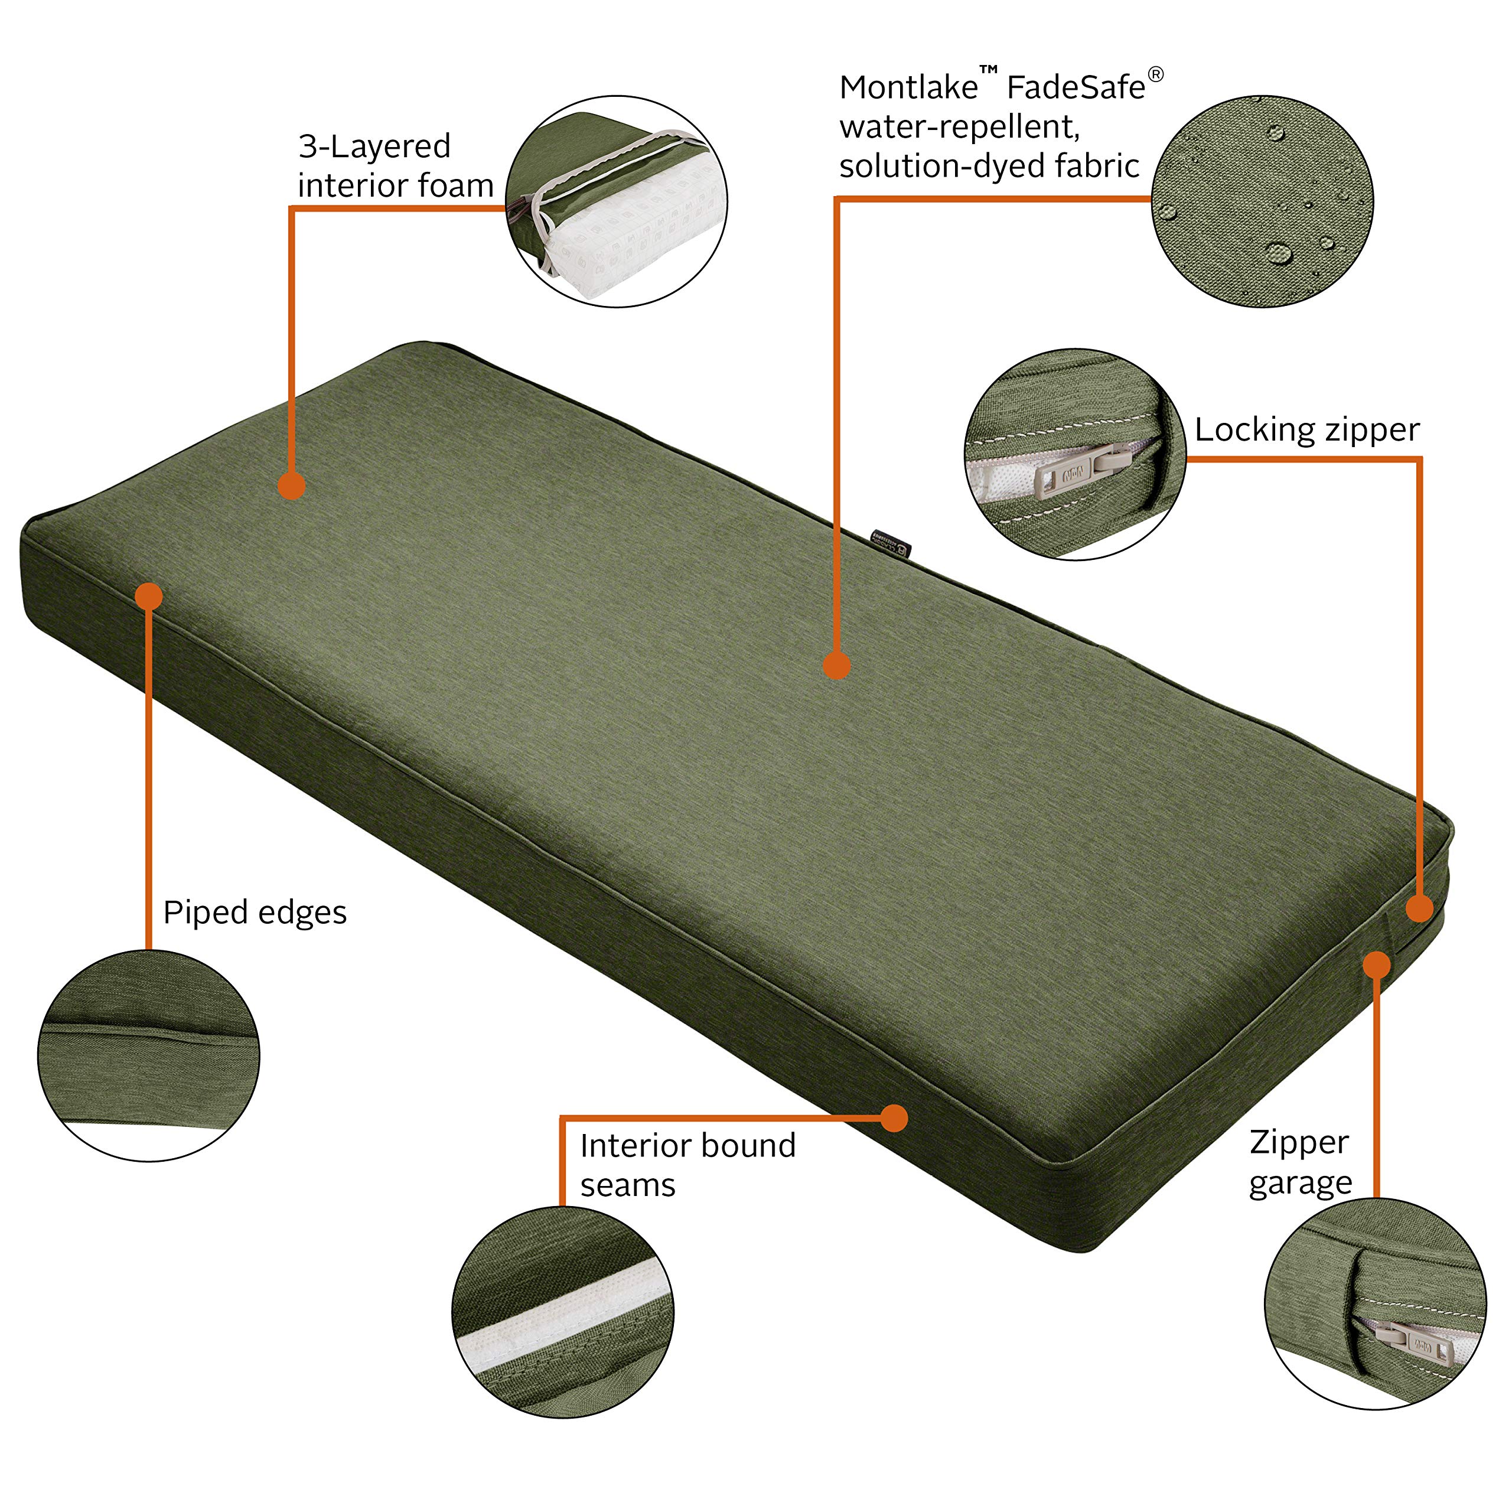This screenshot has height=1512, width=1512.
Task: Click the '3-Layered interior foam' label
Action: coord(396,166)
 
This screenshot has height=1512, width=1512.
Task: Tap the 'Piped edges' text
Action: coord(255,913)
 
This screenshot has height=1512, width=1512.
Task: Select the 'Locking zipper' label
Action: coord(1307,429)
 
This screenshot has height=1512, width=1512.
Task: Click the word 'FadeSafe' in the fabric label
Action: coord(1076,87)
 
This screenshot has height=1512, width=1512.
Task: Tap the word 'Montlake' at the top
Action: coord(908,87)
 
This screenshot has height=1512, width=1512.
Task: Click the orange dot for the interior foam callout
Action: coord(291,485)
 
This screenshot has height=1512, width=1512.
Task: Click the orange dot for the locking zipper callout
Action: coord(1420,908)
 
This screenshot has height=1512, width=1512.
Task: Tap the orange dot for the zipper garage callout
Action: coord(1377,965)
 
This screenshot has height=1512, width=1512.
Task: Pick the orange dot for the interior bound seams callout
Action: coord(894,1118)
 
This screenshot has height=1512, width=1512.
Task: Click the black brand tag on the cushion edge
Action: coord(893,544)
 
